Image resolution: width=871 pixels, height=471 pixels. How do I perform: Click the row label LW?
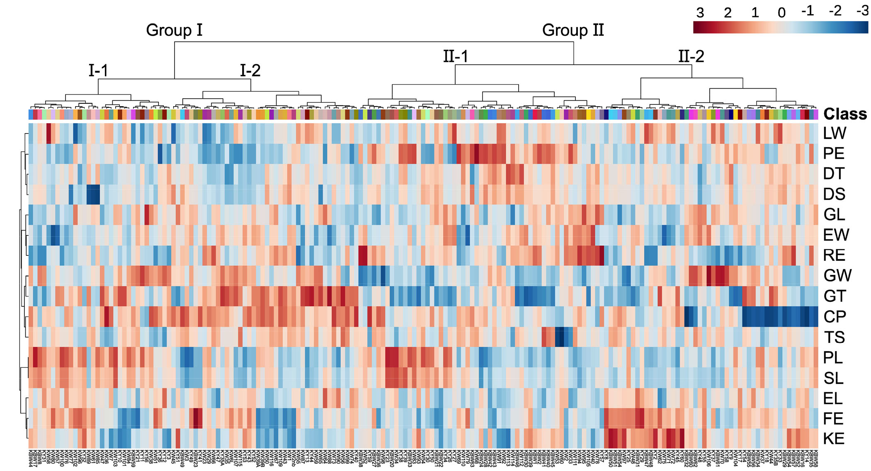pos(834,133)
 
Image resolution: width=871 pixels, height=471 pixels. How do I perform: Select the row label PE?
pos(834,153)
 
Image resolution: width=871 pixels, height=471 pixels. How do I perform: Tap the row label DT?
pos(834,174)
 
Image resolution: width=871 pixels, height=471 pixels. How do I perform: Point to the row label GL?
pos(834,214)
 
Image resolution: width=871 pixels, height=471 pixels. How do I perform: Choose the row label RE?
pos(834,255)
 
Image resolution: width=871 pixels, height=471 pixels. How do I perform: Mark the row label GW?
pos(837,275)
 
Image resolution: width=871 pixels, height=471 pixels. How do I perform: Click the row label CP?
pos(835,316)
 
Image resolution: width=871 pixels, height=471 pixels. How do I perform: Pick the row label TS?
pos(834,337)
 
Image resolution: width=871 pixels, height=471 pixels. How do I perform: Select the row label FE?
pos(833,419)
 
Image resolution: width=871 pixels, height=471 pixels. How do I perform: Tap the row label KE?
pos(834,439)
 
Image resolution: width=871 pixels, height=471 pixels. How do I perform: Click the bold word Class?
pos(845,114)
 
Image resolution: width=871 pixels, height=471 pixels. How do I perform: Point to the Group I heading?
pos(174,30)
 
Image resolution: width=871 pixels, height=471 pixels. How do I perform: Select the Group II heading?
pos(573,30)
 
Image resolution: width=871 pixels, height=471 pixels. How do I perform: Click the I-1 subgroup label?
pos(98,70)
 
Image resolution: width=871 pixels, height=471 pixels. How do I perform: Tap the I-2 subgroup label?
pos(250,70)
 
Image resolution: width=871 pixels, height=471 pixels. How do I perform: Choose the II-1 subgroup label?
pos(455,56)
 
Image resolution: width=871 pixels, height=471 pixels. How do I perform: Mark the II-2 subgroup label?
pos(691,56)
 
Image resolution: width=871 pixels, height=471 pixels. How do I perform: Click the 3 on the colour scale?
pos(700,13)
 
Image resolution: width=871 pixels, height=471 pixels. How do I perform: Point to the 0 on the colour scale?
pos(781,13)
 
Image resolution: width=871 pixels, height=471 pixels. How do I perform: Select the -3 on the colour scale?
pos(862,11)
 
